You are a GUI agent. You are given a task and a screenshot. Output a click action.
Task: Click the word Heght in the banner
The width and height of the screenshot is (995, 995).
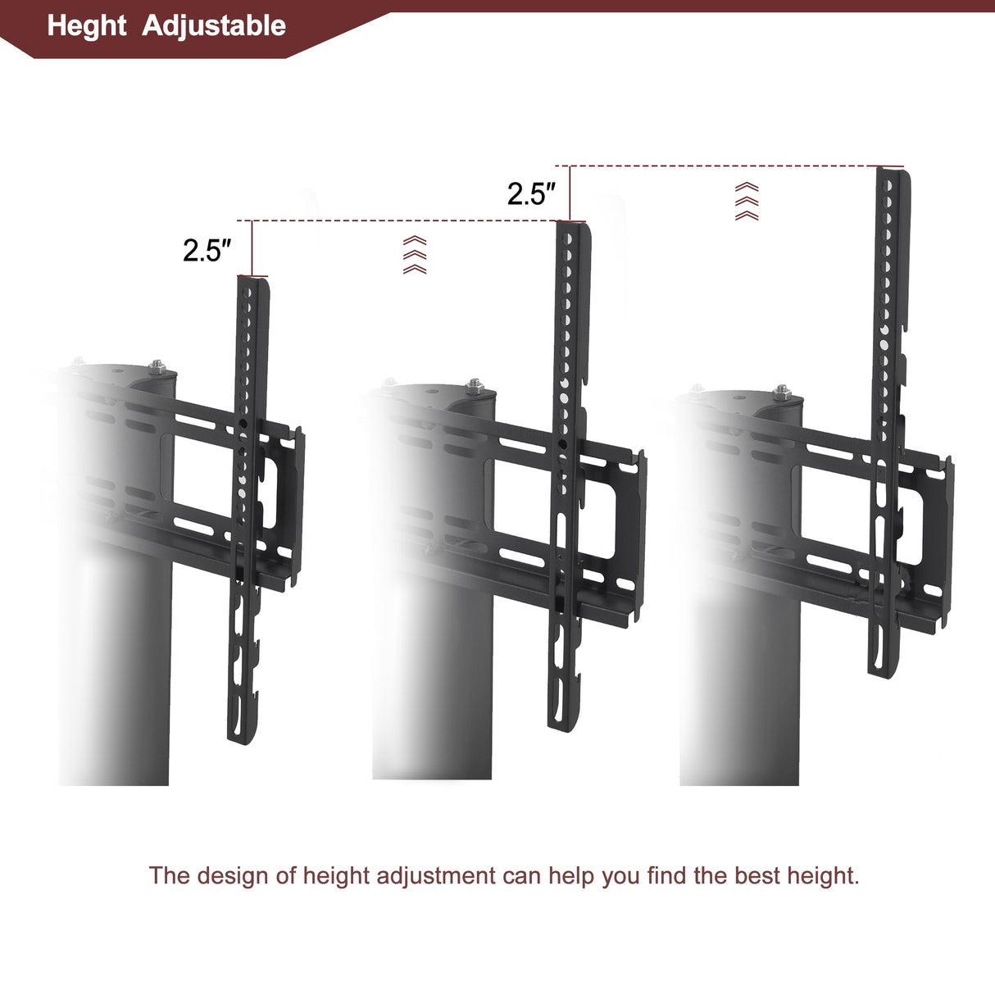(87, 26)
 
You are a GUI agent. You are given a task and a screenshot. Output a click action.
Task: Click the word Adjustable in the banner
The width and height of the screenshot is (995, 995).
(214, 26)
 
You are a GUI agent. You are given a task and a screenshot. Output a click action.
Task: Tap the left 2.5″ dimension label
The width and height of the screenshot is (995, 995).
(207, 250)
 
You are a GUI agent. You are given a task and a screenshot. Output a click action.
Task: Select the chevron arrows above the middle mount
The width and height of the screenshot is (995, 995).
(415, 255)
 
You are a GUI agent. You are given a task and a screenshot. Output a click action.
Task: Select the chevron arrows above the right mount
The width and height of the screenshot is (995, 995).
(747, 202)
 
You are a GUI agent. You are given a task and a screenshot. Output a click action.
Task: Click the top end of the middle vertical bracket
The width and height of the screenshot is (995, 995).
(573, 228)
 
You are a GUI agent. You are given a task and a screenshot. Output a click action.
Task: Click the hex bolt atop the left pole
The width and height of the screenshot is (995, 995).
(156, 366)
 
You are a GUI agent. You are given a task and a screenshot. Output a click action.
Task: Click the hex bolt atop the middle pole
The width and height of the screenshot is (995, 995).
(474, 385)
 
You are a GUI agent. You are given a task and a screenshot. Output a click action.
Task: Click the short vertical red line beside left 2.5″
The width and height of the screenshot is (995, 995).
(252, 248)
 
